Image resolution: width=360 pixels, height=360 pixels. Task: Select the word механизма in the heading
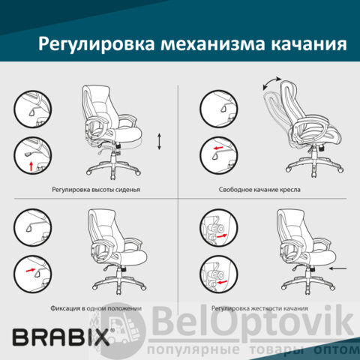(x=213, y=44)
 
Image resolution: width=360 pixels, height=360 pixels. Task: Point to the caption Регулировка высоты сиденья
(x=96, y=190)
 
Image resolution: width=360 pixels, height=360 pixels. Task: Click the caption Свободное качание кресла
(x=259, y=190)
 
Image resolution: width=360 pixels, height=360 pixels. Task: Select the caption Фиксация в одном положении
(x=96, y=308)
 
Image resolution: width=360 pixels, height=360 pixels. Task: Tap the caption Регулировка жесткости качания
(x=259, y=308)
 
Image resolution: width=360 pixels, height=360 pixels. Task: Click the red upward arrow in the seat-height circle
(x=31, y=166)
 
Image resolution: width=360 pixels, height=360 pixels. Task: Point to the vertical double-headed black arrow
(x=159, y=142)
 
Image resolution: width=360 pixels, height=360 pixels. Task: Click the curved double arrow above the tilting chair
(x=271, y=83)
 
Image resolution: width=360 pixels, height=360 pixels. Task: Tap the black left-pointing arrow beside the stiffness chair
(x=338, y=268)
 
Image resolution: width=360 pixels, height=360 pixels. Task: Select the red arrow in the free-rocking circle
(x=218, y=148)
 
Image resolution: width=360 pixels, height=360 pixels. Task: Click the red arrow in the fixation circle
(x=31, y=270)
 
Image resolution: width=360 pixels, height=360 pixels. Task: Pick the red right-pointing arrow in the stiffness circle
(x=222, y=235)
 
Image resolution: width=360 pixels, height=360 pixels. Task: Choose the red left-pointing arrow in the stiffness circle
(x=222, y=283)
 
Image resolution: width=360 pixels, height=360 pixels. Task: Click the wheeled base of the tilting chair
(x=314, y=166)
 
